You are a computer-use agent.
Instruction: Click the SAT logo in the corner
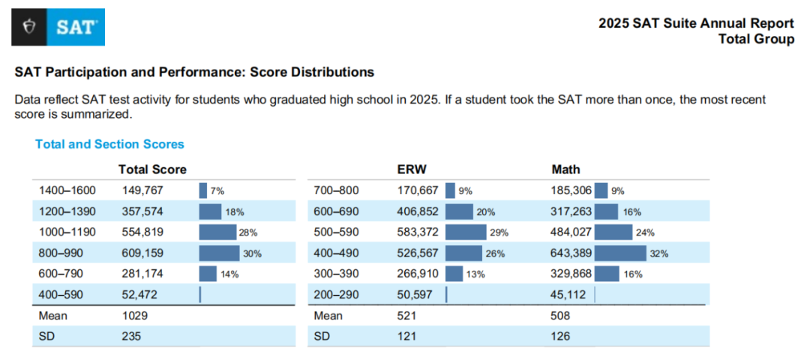pyautogui.click(x=58, y=27)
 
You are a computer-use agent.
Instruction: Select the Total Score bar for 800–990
pyautogui.click(x=219, y=253)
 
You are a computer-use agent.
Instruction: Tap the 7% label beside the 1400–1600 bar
pyautogui.click(x=217, y=191)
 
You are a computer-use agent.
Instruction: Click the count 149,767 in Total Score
pyautogui.click(x=142, y=190)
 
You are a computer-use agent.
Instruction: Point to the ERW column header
pyautogui.click(x=411, y=169)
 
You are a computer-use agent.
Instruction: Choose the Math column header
pyautogui.click(x=565, y=169)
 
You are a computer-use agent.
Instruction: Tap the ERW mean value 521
pyautogui.click(x=407, y=316)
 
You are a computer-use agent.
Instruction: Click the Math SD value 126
pyautogui.click(x=560, y=337)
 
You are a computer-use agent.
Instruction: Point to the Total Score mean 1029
pyautogui.click(x=135, y=316)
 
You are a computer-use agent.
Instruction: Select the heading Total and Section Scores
pyautogui.click(x=109, y=144)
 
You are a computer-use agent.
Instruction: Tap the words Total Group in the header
pyautogui.click(x=756, y=39)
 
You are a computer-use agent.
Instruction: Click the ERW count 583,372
pyautogui.click(x=418, y=232)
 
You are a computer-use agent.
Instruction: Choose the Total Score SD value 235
pyautogui.click(x=132, y=337)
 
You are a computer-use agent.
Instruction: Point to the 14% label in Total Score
pyautogui.click(x=229, y=274)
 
